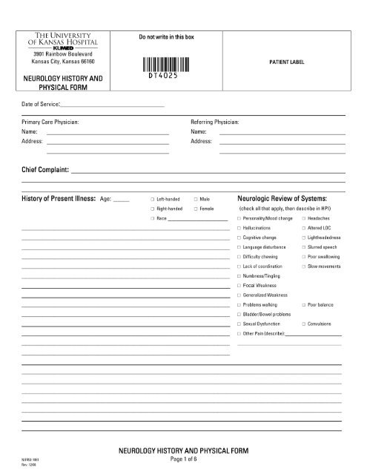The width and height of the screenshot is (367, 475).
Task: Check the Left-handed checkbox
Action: pyautogui.click(x=151, y=200)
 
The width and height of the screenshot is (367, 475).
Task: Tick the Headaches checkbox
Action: pyautogui.click(x=303, y=219)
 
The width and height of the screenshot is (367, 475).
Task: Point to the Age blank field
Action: pyautogui.click(x=122, y=200)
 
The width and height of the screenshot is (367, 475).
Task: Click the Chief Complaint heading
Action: pyautogui.click(x=45, y=171)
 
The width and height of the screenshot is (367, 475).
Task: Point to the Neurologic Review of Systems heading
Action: pyautogui.click(x=282, y=199)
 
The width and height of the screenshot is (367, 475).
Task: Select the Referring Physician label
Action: pyautogui.click(x=215, y=120)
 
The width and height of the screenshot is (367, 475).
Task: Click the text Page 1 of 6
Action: pyautogui.click(x=182, y=459)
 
